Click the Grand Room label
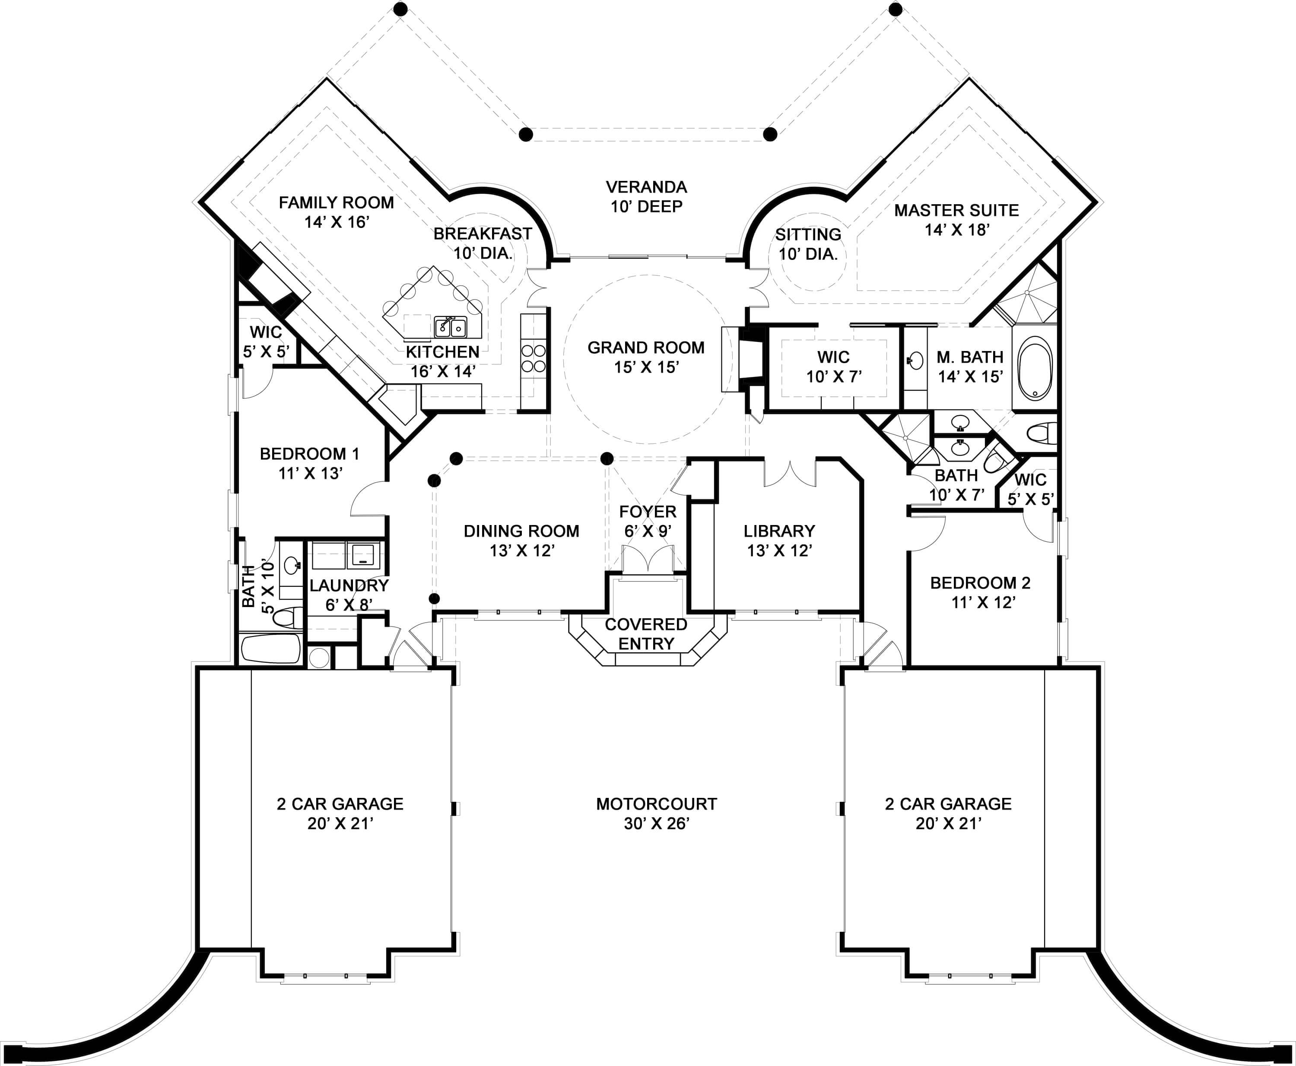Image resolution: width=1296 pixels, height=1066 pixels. (646, 357)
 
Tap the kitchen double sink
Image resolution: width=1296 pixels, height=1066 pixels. (451, 327)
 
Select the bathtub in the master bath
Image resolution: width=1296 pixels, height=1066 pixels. (1036, 368)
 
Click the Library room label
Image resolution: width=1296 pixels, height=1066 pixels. (779, 541)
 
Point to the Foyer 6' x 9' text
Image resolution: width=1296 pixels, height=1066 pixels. (648, 521)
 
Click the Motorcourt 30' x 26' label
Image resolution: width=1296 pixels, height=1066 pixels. (656, 813)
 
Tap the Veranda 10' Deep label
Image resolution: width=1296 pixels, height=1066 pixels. (646, 196)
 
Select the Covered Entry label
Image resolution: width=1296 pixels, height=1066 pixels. (646, 634)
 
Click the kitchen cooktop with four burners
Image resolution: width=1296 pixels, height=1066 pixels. (533, 358)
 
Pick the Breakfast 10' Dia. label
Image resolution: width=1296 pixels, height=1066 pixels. (483, 243)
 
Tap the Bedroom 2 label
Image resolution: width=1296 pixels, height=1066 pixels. (980, 592)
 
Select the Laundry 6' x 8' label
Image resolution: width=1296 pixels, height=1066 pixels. (349, 595)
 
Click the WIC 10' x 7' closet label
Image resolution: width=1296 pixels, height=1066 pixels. (833, 366)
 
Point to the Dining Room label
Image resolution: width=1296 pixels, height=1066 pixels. (521, 541)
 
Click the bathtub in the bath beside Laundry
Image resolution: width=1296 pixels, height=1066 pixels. (271, 648)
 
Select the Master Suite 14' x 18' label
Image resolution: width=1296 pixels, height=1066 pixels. (956, 219)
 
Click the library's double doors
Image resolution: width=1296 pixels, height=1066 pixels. (790, 473)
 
